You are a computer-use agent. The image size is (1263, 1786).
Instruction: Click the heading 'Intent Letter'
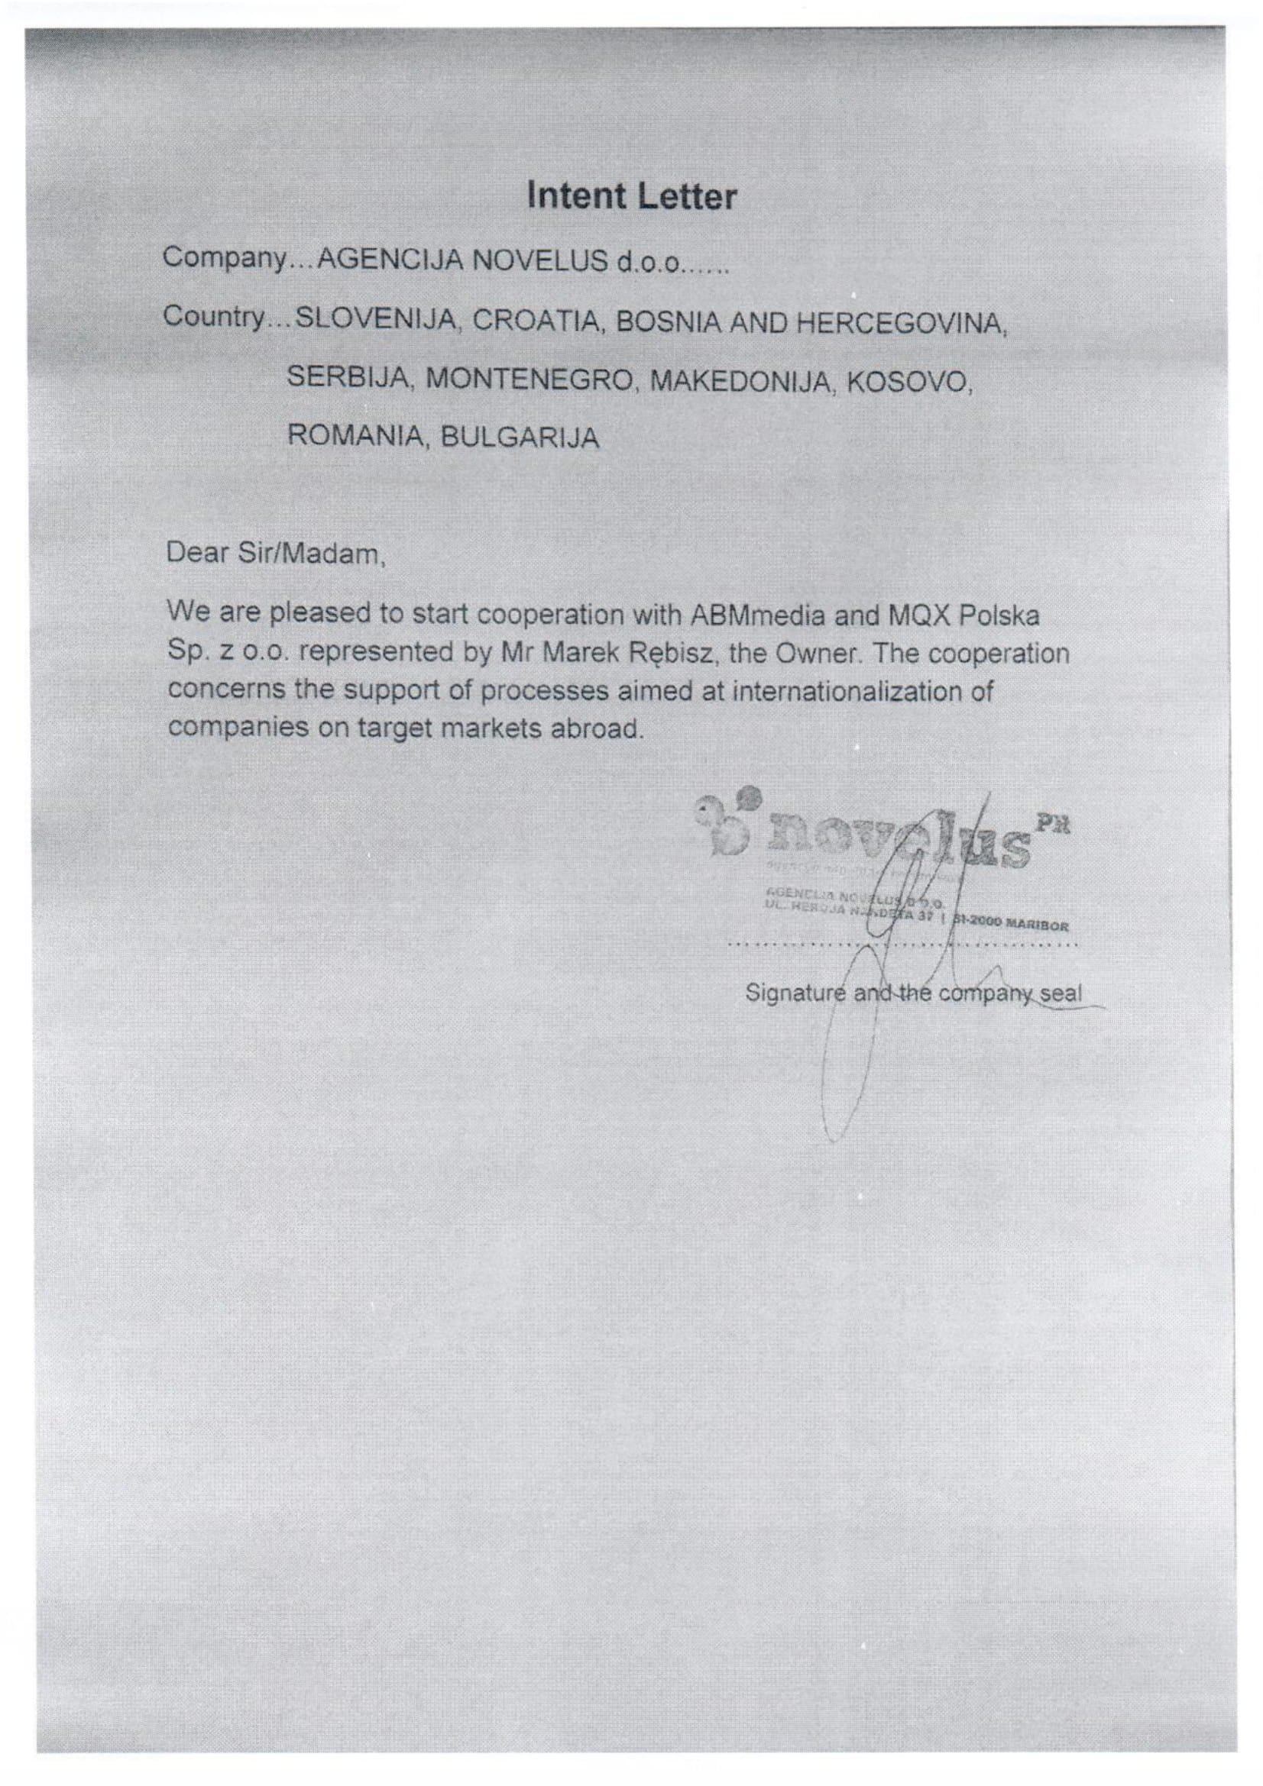tap(631, 197)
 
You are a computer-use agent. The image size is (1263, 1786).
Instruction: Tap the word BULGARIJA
tap(520, 438)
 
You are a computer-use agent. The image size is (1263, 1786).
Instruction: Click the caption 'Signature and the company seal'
tap(913, 993)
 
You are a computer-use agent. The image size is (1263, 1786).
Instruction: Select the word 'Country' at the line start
tap(214, 318)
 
